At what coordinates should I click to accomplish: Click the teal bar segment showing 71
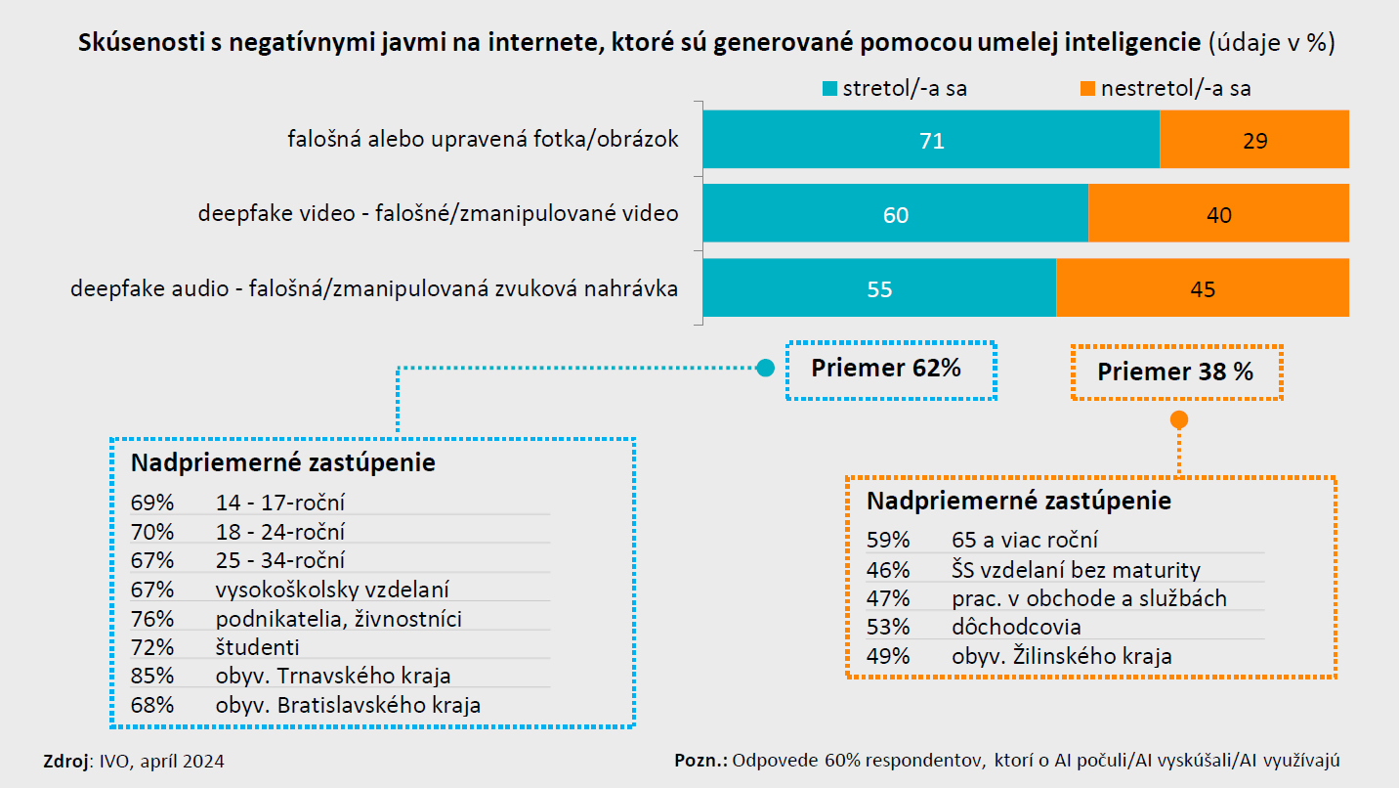930,140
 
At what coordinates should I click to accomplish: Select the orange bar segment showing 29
1254,140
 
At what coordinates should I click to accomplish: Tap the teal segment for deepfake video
895,214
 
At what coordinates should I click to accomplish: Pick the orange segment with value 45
1203,288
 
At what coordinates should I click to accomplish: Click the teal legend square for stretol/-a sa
829,89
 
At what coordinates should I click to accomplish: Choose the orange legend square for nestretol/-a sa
1086,89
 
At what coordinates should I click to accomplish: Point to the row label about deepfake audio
374,289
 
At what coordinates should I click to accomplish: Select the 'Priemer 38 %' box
1175,372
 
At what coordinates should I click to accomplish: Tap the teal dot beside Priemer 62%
766,369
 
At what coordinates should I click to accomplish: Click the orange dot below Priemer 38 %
1179,419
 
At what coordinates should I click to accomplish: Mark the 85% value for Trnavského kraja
152,676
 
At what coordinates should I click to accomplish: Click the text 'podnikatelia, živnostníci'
339,618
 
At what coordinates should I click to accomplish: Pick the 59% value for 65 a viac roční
888,540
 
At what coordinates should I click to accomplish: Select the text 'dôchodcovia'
1016,627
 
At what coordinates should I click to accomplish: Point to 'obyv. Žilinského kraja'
1061,656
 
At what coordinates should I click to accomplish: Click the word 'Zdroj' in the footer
64,761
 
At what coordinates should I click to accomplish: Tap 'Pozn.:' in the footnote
700,761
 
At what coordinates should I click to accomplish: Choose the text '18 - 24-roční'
280,532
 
